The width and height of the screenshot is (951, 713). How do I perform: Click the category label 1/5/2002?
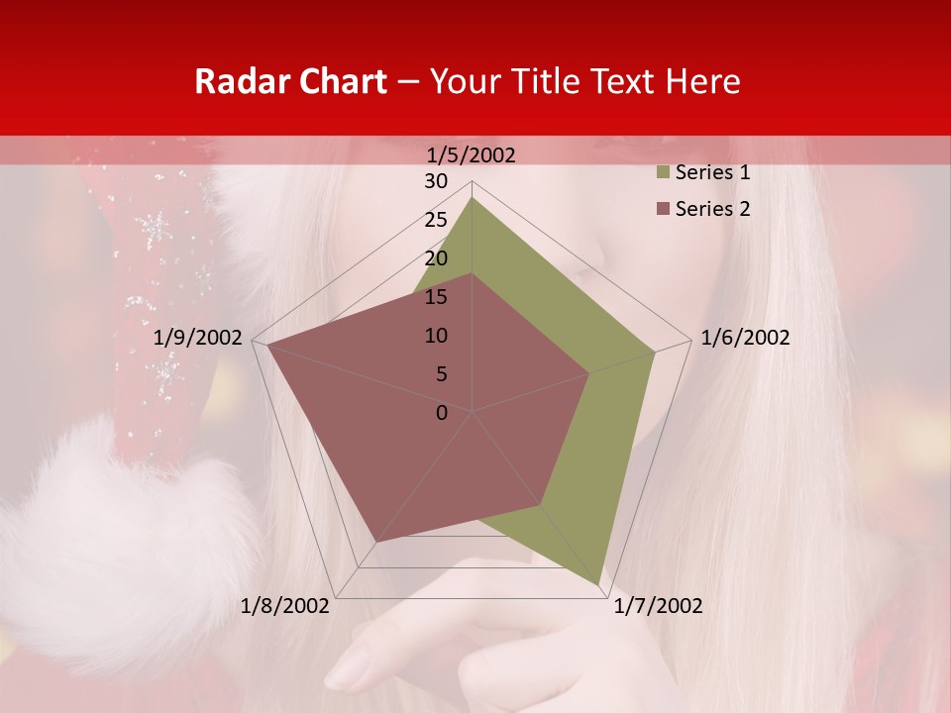471,154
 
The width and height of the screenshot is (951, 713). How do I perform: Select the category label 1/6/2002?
745,338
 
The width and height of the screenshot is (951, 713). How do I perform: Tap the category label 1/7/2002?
658,606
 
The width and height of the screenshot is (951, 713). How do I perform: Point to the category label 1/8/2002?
284,606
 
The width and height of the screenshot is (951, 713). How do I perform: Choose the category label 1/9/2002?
198,338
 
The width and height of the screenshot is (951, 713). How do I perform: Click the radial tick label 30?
436,181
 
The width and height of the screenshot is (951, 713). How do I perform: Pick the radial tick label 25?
436,220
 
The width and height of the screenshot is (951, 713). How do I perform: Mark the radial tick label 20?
436,258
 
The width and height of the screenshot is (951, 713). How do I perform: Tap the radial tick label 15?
436,297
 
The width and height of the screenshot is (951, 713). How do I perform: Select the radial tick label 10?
436,336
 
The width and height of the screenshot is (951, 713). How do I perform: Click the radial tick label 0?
442,413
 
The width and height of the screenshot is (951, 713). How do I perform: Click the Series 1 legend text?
712,172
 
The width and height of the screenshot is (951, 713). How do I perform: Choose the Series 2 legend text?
712,209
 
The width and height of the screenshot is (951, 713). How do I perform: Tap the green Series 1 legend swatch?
662,173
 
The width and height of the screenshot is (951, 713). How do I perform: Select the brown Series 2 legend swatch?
662,209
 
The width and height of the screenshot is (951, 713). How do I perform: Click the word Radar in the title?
237,82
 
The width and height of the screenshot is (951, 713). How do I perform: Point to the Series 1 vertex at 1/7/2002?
600,584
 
